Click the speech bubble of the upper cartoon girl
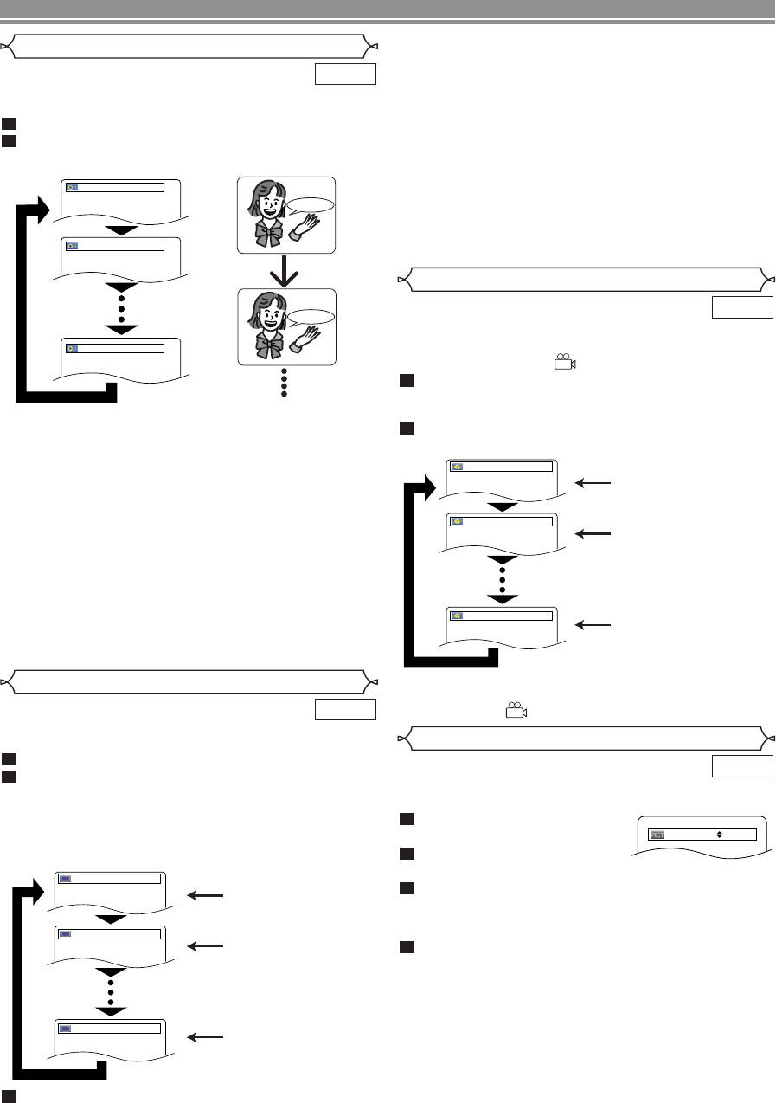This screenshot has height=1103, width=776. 311,205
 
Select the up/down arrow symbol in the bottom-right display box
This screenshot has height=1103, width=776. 720,835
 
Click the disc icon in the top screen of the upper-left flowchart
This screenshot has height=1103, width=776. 72,187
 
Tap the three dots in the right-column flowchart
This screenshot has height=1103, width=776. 501,573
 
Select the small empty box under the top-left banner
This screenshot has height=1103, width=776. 345,74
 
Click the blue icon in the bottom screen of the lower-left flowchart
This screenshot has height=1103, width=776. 65,1028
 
